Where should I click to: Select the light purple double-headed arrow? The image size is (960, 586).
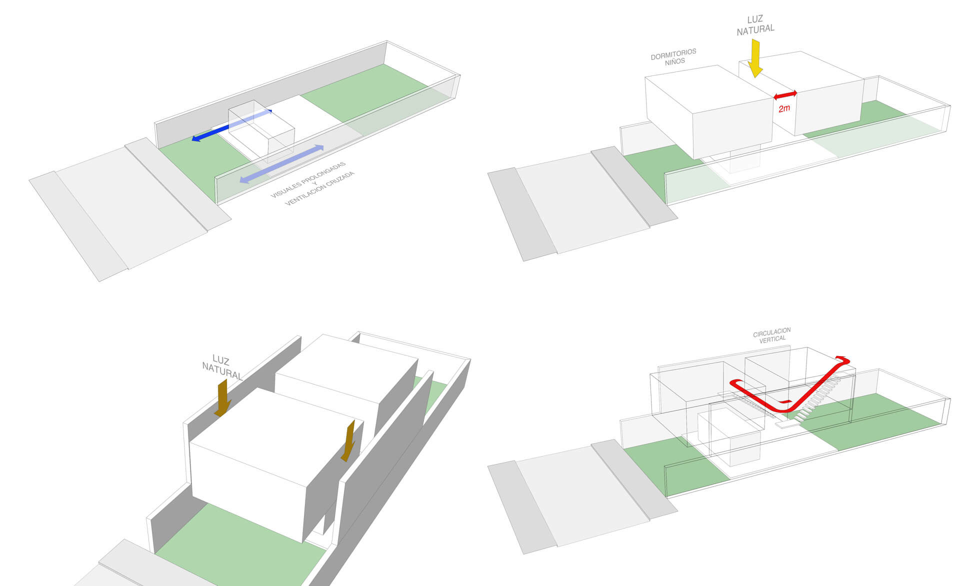281,163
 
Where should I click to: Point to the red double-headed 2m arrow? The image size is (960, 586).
785,94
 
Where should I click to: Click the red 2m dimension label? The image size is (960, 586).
784,108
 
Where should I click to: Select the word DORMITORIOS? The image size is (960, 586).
673,54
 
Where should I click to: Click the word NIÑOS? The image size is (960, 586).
675,62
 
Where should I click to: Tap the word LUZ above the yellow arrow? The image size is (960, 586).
755,19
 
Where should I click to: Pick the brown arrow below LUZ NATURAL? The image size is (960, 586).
222,398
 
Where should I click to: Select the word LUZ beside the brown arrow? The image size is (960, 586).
220,359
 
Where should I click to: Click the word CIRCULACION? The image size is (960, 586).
771,332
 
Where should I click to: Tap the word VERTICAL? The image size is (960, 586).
772,339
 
